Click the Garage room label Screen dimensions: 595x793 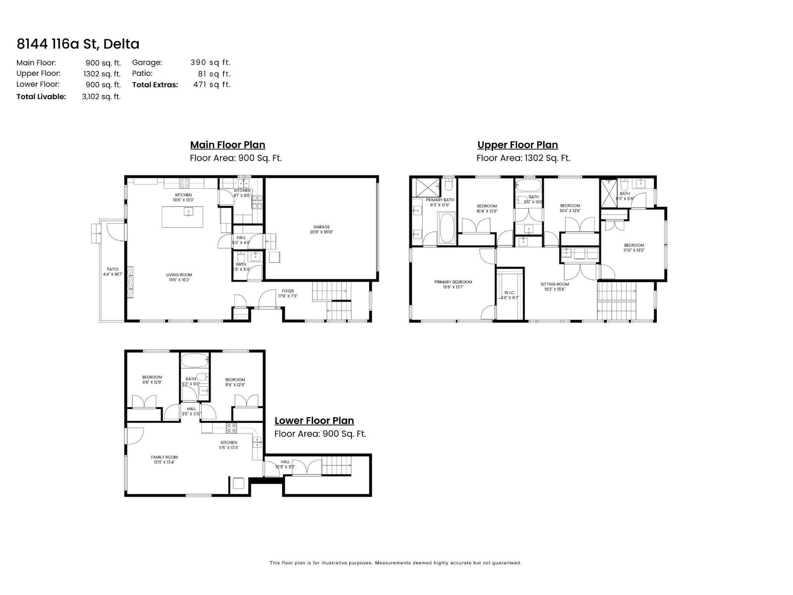(321, 227)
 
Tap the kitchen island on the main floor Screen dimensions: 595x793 (182, 217)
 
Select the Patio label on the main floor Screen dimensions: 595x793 (113, 269)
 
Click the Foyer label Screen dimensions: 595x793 (288, 291)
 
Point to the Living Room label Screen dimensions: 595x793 (179, 275)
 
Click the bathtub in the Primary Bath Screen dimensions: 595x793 (447, 228)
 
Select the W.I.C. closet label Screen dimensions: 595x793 (510, 293)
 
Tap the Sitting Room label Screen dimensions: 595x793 (555, 285)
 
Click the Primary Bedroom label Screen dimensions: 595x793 (453, 282)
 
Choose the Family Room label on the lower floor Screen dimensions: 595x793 (164, 457)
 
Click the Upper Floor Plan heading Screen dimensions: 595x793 (517, 145)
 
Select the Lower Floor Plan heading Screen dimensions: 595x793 (314, 420)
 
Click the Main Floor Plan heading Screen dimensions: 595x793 (227, 145)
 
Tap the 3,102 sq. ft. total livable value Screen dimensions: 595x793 (101, 97)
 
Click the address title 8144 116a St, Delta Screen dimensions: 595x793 (78, 44)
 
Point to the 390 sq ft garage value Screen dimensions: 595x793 (211, 62)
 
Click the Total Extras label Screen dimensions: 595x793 (155, 85)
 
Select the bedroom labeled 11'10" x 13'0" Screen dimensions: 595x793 (633, 245)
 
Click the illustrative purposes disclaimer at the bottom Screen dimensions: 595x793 (395, 563)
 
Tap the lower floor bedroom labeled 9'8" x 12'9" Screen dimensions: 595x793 (152, 377)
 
